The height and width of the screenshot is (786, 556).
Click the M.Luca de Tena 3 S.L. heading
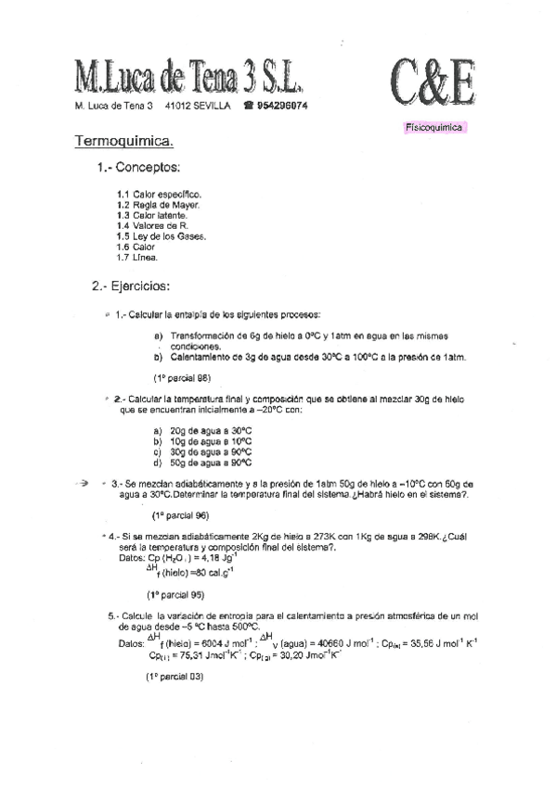click(188, 79)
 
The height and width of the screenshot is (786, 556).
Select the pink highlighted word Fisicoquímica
click(433, 128)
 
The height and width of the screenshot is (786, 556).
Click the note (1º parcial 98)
click(181, 377)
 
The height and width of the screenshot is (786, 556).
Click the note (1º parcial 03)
click(174, 677)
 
